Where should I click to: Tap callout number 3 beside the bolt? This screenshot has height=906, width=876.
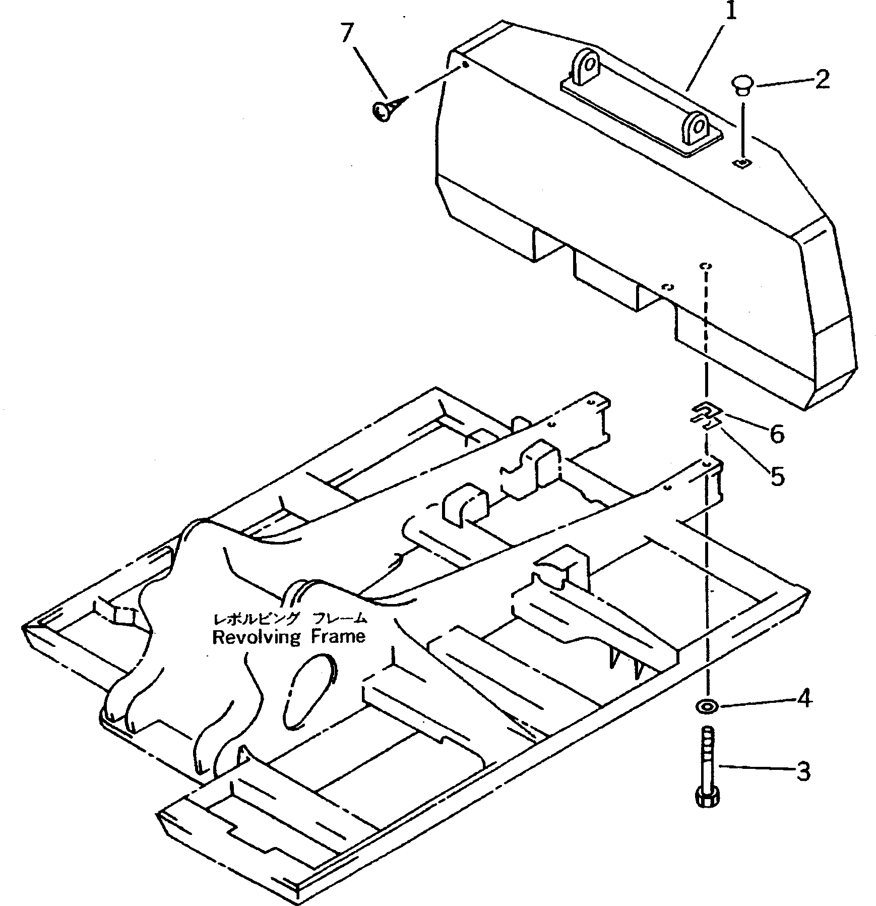pyautogui.click(x=803, y=771)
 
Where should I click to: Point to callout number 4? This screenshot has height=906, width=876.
pyautogui.click(x=803, y=699)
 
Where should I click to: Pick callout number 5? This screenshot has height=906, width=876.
pyautogui.click(x=777, y=475)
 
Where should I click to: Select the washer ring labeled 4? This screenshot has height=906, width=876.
pyautogui.click(x=707, y=706)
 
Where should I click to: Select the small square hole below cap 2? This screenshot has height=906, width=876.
pyautogui.click(x=742, y=163)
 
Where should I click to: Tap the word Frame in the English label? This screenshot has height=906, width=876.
pyautogui.click(x=338, y=636)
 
